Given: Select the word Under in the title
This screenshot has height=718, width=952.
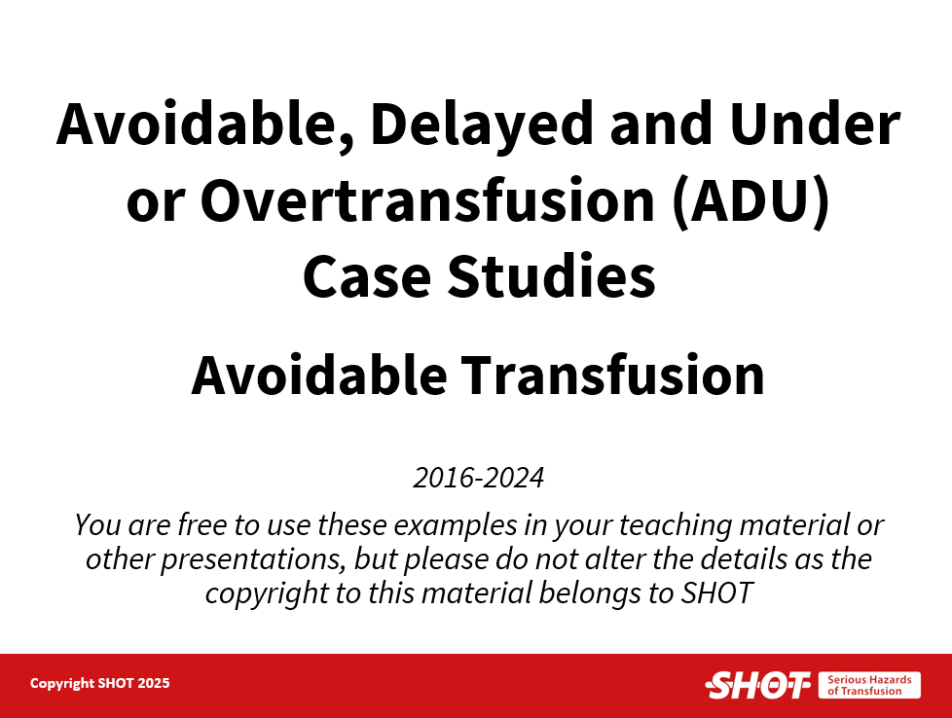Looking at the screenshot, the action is pyautogui.click(x=814, y=124).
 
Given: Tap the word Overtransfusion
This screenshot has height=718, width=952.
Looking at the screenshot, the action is pyautogui.click(x=427, y=200).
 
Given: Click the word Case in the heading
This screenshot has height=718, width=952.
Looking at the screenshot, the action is pyautogui.click(x=367, y=276).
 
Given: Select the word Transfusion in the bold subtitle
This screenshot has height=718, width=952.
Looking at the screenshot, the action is pyautogui.click(x=612, y=376).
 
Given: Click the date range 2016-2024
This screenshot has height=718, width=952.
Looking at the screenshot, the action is pyautogui.click(x=478, y=478).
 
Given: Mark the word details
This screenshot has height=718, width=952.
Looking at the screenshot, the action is pyautogui.click(x=744, y=559).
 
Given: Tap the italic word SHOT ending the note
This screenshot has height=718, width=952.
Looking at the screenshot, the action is pyautogui.click(x=716, y=593).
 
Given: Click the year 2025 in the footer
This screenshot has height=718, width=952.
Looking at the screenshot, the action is pyautogui.click(x=154, y=683).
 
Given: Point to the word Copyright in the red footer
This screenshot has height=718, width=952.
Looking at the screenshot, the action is pyautogui.click(x=62, y=684).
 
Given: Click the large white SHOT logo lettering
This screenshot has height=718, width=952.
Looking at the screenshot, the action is pyautogui.click(x=757, y=685).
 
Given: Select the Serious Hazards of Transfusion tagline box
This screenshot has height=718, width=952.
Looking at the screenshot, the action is pyautogui.click(x=869, y=685).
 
